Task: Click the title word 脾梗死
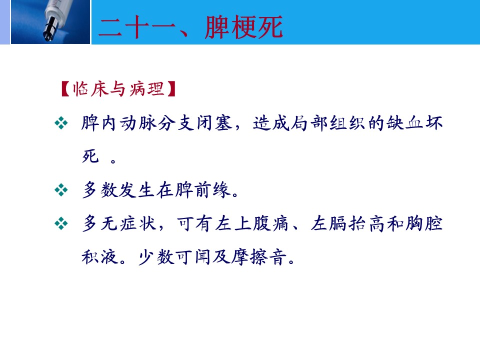click(x=243, y=27)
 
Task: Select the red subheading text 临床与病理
click(x=118, y=89)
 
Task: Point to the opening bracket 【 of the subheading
click(x=65, y=89)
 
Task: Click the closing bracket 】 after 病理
click(x=171, y=89)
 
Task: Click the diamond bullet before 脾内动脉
click(x=61, y=123)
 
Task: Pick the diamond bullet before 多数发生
click(x=61, y=190)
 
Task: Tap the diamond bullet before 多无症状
click(x=61, y=223)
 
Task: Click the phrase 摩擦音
click(x=259, y=257)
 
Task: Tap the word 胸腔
click(x=424, y=223)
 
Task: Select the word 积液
click(x=100, y=257)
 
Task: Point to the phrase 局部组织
click(x=328, y=123)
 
